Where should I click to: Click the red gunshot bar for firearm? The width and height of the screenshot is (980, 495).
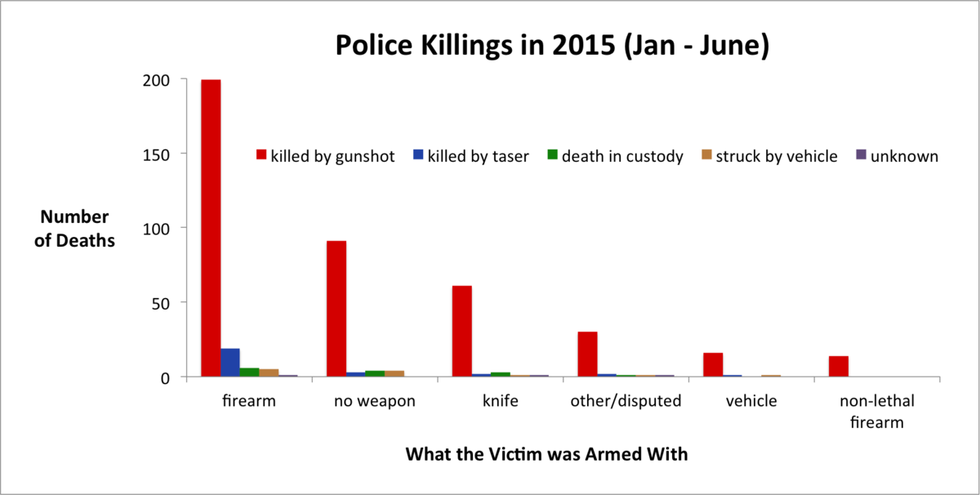(211, 228)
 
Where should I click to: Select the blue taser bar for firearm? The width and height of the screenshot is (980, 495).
(230, 363)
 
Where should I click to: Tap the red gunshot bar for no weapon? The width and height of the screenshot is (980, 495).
(336, 309)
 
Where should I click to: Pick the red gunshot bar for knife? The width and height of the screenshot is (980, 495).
(462, 332)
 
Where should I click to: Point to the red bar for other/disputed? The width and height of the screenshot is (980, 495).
(587, 354)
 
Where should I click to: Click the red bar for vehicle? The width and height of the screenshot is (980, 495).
(713, 364)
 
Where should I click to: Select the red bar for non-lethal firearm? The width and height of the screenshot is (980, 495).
(839, 366)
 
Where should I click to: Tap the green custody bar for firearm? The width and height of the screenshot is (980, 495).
(249, 372)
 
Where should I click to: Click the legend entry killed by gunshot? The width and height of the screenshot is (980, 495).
(326, 156)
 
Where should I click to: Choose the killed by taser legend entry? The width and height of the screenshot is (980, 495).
(471, 156)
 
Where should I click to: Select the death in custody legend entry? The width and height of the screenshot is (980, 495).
(616, 156)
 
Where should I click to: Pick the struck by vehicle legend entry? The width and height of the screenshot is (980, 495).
(769, 156)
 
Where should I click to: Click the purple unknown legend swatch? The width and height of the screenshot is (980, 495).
(861, 154)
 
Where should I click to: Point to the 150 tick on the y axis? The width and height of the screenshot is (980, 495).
(183, 154)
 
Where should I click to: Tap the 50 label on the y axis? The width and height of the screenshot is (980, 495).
(161, 303)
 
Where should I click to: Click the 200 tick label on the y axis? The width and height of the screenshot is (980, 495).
(156, 81)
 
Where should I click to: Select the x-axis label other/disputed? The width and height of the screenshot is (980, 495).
(626, 401)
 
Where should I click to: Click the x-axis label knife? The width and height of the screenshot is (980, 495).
(500, 400)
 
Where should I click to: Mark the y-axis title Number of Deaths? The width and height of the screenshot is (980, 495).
(75, 229)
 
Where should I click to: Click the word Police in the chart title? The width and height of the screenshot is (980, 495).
(374, 45)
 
